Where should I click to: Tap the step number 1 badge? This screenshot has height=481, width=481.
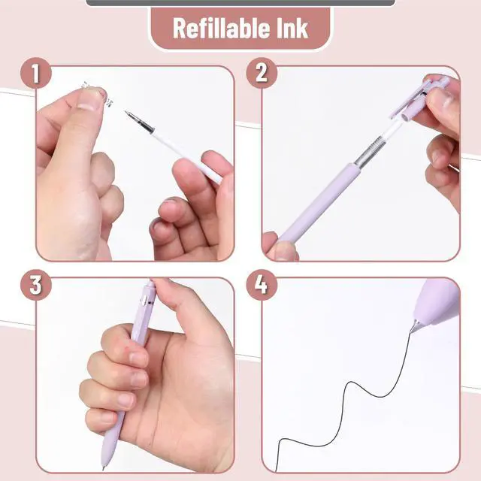(x=36, y=73)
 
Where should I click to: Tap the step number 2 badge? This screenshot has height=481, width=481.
(x=262, y=73)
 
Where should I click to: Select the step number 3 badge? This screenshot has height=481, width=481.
(x=36, y=285)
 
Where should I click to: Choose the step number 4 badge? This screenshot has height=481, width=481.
(x=262, y=285)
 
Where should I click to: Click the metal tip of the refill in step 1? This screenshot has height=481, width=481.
(x=139, y=122)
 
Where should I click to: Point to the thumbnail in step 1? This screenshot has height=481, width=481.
(x=89, y=99)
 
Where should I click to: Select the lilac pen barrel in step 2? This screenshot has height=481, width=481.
(x=317, y=201)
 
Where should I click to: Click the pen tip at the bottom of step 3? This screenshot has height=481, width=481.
(x=104, y=467)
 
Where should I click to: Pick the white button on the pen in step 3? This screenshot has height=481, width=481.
(x=144, y=299)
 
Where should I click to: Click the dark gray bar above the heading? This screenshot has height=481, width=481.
(x=240, y=3)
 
